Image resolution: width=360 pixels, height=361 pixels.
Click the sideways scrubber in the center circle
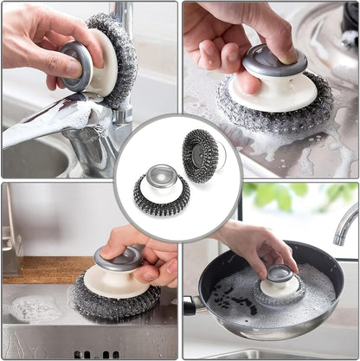point(201,155)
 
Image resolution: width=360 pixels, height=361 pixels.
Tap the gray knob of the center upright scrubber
point(161,177)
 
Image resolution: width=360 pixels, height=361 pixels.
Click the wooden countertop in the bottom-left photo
point(35,269)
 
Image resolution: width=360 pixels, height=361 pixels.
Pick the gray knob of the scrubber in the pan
point(279,274)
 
